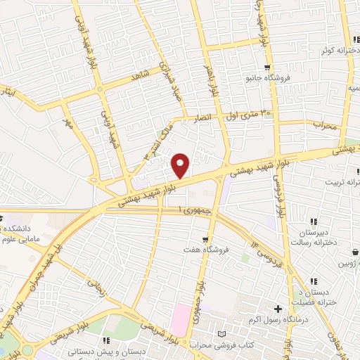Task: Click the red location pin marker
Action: click(181, 165)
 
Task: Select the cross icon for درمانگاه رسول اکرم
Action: click(278, 309)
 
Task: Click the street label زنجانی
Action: click(94, 284)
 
